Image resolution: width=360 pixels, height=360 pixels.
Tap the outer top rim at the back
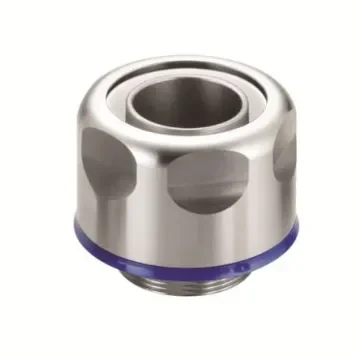pyautogui.click(x=180, y=58)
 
